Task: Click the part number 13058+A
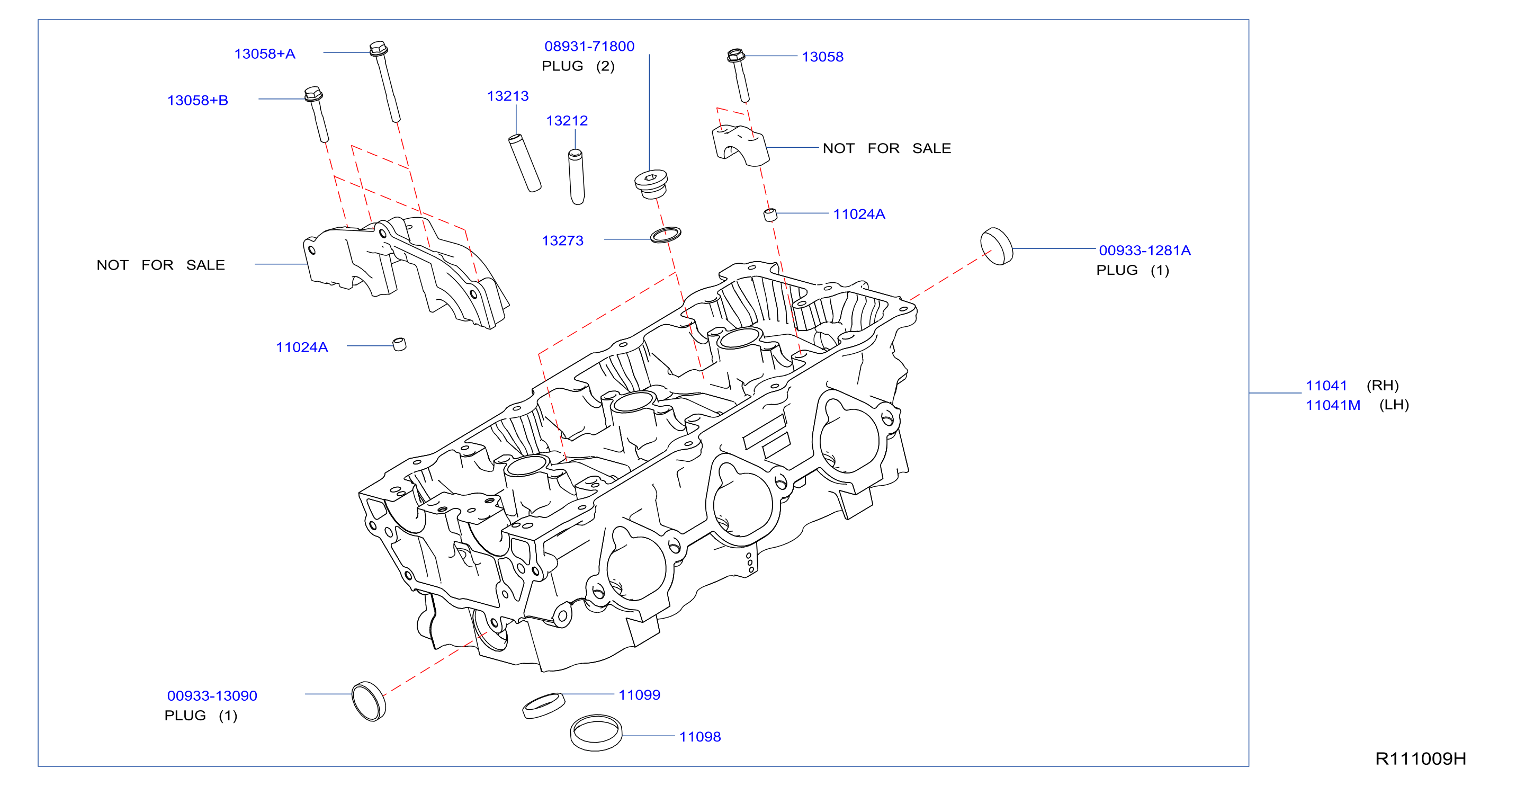click(265, 54)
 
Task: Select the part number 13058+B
click(198, 101)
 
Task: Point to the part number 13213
click(507, 96)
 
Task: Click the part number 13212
click(567, 121)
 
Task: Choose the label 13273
click(562, 241)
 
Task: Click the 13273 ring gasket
click(666, 235)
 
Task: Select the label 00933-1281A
click(1144, 251)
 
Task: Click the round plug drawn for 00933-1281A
click(997, 246)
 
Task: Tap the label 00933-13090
click(212, 696)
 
